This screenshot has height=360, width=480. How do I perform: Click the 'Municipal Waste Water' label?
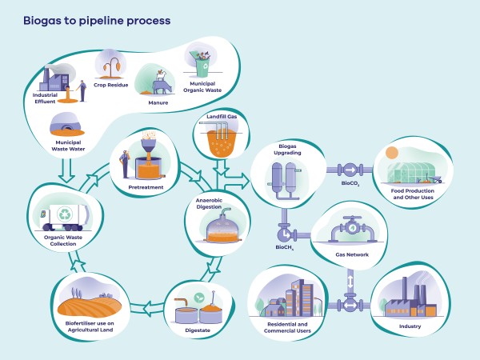[70, 146]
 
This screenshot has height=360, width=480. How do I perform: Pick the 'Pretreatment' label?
[146, 187]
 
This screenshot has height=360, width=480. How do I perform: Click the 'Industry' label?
[408, 326]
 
